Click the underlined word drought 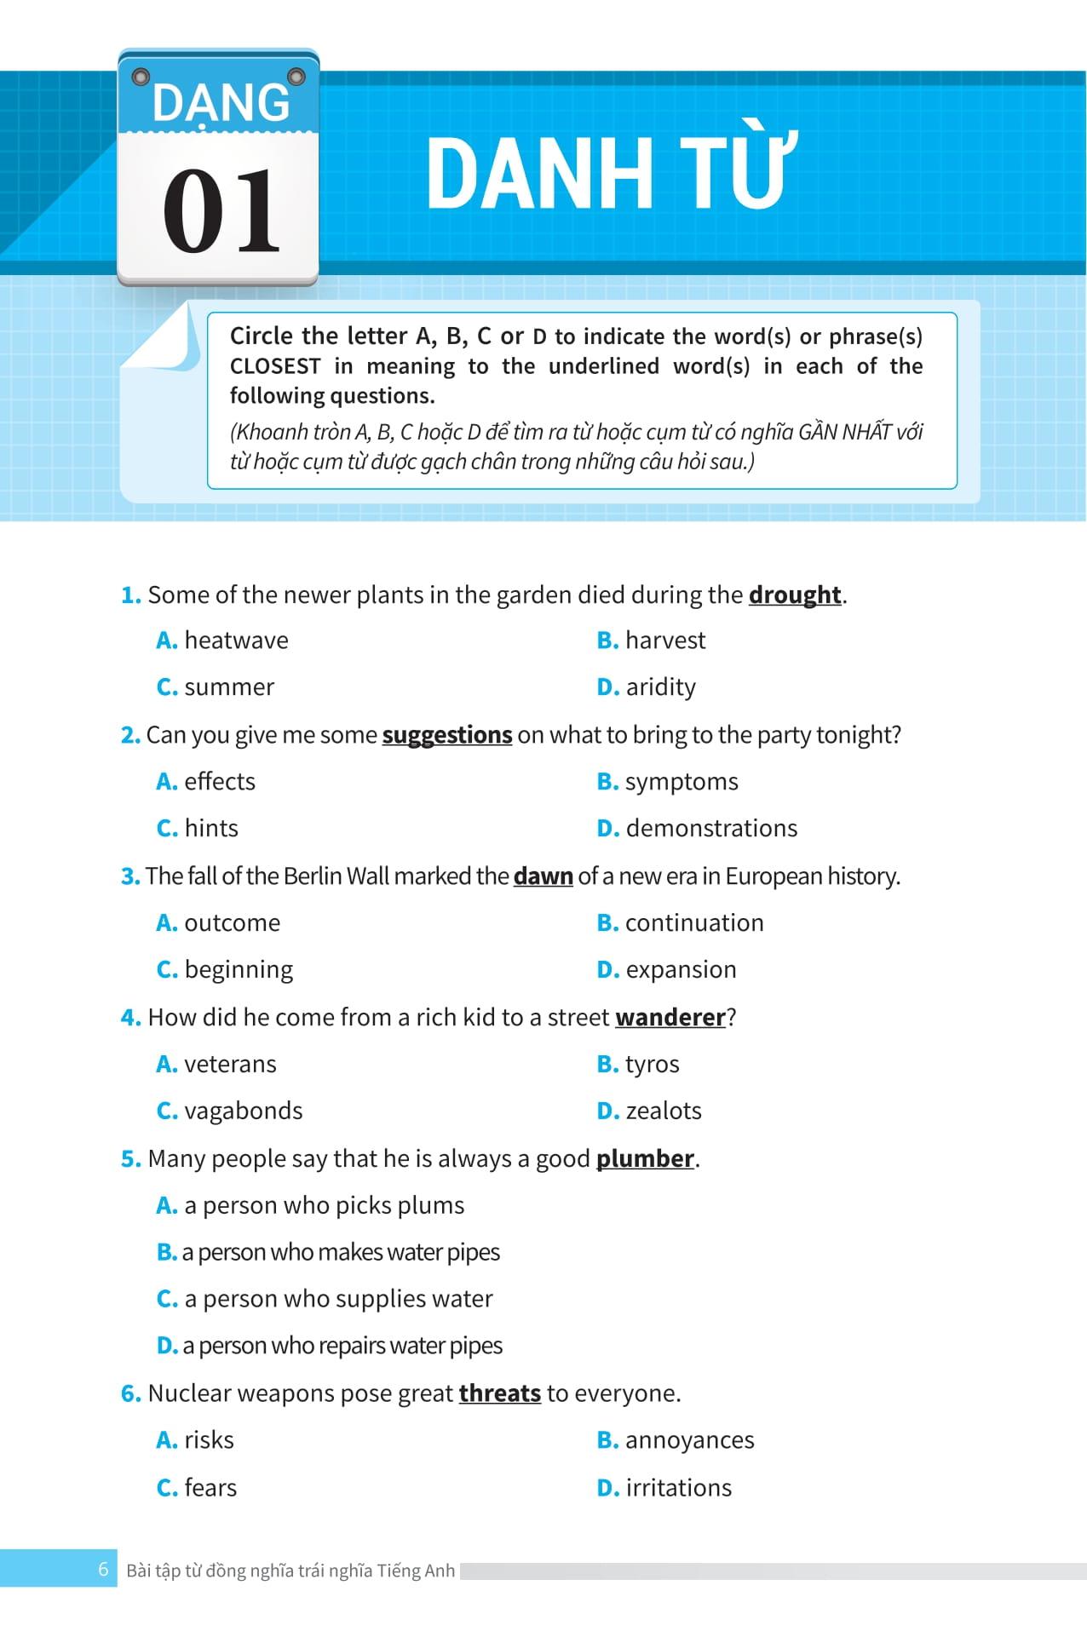[x=795, y=594]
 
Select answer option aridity [x=659, y=687]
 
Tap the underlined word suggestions [x=446, y=735]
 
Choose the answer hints [x=210, y=829]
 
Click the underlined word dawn [x=543, y=876]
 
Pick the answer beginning [x=238, y=970]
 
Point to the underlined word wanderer [x=670, y=1018]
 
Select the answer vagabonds [x=243, y=1111]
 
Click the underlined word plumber [x=645, y=1159]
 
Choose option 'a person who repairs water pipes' [x=341, y=1346]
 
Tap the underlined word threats [x=499, y=1393]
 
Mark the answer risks [x=209, y=1440]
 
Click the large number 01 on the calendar [x=221, y=211]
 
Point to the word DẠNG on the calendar [x=221, y=102]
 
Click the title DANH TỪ [x=611, y=172]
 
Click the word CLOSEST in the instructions [x=275, y=366]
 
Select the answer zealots [x=663, y=1111]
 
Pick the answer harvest [x=664, y=640]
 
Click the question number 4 [x=130, y=1018]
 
